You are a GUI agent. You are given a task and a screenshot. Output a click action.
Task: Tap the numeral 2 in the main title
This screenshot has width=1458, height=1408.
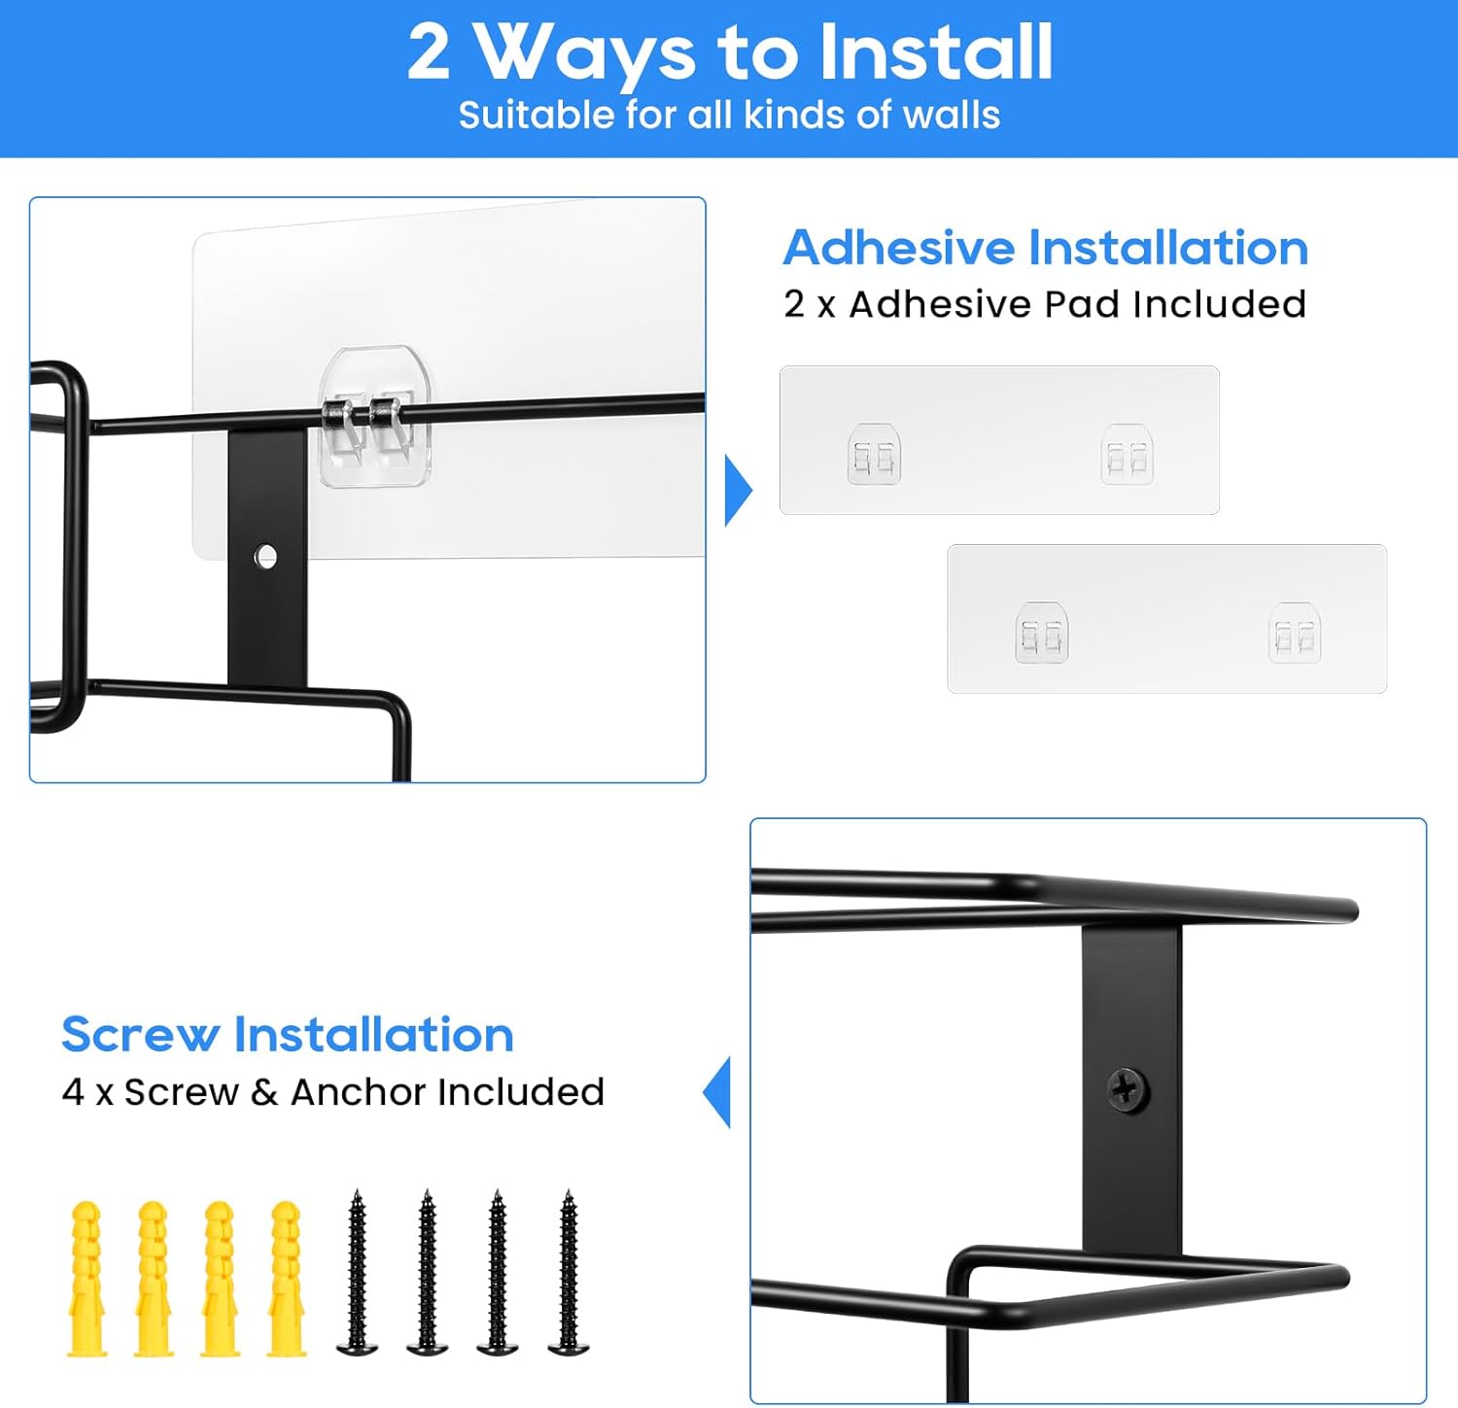pos(429,52)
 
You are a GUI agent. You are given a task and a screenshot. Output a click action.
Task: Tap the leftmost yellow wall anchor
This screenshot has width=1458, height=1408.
pos(87,1278)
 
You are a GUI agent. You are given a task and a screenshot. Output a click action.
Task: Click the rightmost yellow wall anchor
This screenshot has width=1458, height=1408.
pos(287,1278)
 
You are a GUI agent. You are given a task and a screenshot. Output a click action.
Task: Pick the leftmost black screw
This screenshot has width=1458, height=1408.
pos(357,1272)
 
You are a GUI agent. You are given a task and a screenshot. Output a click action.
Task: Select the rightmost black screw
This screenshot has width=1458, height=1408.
pos(569,1272)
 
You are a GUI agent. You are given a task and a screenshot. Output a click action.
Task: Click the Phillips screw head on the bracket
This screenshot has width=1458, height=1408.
pos(1128,1089)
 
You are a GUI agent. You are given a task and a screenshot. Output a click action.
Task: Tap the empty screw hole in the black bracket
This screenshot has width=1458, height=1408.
pos(265,557)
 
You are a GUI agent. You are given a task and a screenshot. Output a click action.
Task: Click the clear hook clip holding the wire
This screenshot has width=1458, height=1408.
pos(375,417)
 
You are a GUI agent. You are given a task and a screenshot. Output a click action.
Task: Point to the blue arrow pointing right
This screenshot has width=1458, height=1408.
pos(739,491)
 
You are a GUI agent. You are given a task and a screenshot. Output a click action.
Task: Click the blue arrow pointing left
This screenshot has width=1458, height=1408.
pos(716,1093)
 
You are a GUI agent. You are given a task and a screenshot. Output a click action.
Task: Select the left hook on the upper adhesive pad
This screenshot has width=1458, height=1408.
pos(874,454)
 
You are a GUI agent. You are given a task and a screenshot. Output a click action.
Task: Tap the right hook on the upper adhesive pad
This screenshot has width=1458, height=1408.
pos(1127,454)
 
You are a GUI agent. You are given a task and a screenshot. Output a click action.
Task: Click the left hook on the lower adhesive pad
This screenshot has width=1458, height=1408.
pos(1042,633)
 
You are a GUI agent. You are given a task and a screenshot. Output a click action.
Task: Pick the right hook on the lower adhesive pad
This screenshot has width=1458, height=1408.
pos(1295,633)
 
